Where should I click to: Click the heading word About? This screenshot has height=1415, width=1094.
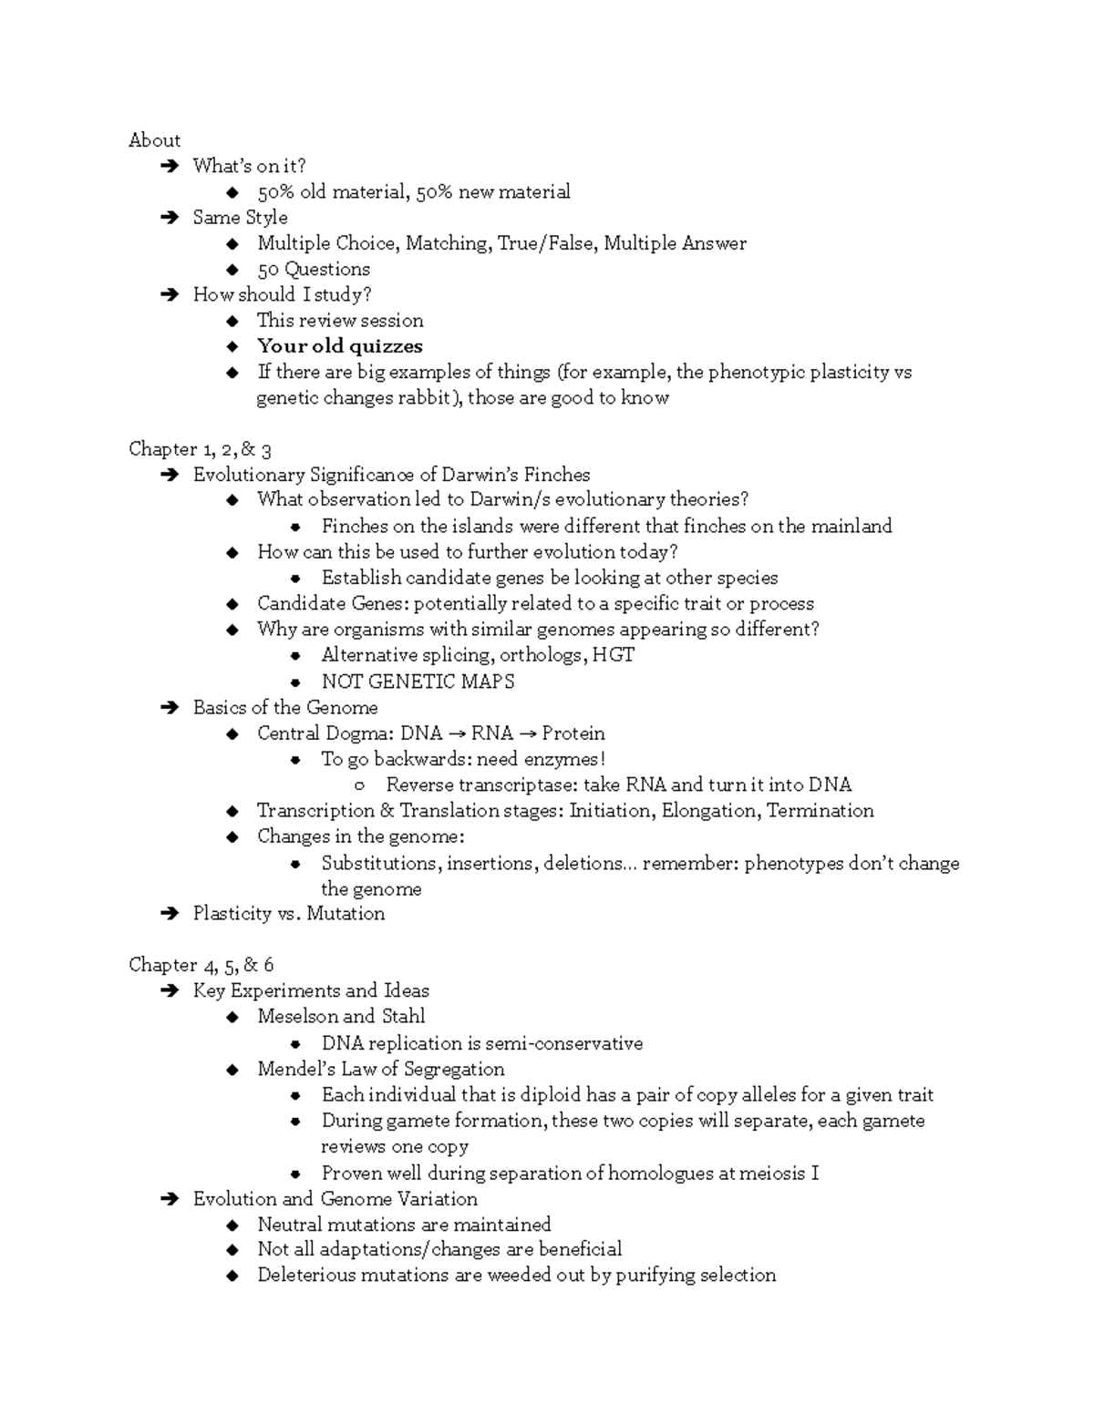(x=154, y=140)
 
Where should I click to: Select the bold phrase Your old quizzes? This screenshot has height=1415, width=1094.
(x=339, y=346)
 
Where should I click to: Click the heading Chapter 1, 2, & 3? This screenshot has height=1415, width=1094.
(x=200, y=449)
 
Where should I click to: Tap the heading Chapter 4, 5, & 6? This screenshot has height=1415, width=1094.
(x=201, y=965)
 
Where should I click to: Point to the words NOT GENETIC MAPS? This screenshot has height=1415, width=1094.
(x=418, y=682)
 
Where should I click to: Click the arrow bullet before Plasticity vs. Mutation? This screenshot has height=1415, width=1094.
(x=169, y=914)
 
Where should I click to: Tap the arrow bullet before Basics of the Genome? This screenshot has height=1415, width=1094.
(x=169, y=708)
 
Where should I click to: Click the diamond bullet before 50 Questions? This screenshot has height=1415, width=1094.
(x=233, y=270)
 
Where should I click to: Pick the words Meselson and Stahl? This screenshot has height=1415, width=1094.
(x=340, y=1017)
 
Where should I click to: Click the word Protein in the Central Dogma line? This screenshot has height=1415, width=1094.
(x=573, y=733)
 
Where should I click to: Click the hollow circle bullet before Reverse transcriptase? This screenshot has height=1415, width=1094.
(x=360, y=786)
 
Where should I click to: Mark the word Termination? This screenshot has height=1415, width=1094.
(x=820, y=811)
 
